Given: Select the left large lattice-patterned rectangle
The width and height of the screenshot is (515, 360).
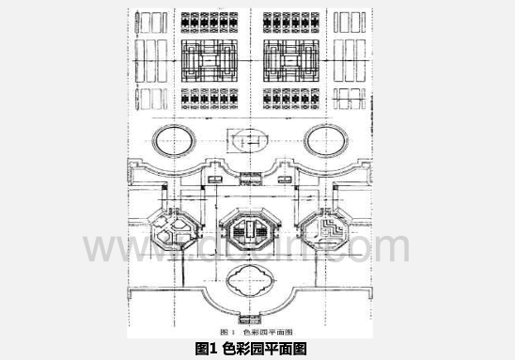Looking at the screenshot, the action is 209,57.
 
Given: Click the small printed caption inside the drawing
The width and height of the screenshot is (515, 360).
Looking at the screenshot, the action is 256,331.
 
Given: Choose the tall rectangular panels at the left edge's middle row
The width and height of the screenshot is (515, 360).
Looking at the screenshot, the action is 151,58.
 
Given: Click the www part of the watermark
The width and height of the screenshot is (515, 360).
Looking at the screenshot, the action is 132,247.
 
